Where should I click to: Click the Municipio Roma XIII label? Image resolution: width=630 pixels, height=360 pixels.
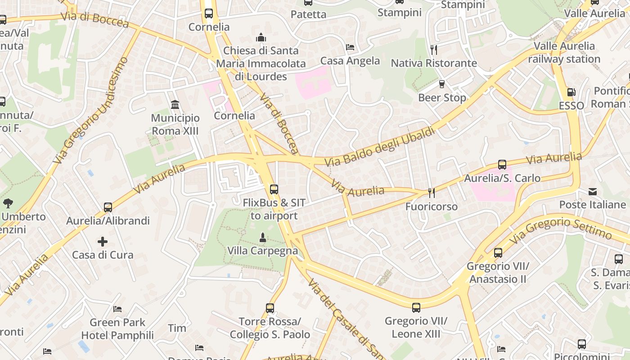[x=175, y=125]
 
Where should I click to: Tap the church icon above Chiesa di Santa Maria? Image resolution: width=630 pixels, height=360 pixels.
[x=261, y=38]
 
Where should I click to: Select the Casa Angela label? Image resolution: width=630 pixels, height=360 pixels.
[x=350, y=61]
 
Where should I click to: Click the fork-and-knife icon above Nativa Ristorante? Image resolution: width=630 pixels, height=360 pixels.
[x=434, y=49]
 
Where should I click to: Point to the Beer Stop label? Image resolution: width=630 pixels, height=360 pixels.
[x=442, y=98]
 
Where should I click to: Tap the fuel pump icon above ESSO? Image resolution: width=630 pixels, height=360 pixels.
[x=571, y=92]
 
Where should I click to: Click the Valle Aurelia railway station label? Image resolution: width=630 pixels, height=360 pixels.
[x=564, y=53]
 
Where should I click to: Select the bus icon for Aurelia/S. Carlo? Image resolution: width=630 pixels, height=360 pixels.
[x=502, y=165]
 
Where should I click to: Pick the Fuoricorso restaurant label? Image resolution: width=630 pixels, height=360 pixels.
[x=432, y=207]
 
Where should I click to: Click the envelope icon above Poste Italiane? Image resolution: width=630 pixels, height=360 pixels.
[x=593, y=192]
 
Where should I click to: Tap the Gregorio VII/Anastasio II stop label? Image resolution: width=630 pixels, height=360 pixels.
[x=498, y=273]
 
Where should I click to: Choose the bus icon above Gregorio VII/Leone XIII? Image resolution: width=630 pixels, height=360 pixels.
[x=416, y=308]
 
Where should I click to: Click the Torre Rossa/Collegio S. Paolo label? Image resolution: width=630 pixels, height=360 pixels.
[x=270, y=328]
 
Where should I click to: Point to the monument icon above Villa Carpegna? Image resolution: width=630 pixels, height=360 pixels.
[x=263, y=237]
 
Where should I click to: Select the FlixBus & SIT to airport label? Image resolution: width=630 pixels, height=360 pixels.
[x=274, y=209]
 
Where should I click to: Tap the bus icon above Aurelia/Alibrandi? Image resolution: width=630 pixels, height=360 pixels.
[x=108, y=207]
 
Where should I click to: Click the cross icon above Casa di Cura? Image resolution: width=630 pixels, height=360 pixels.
[x=103, y=242]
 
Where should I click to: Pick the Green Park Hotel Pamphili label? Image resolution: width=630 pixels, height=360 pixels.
[x=117, y=329]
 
